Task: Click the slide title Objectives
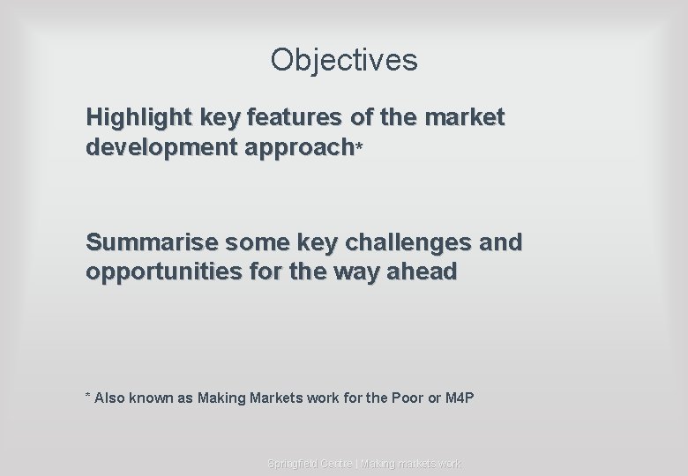click(344, 60)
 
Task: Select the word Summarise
click(152, 242)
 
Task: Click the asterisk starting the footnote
click(87, 398)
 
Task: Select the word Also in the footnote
click(109, 398)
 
